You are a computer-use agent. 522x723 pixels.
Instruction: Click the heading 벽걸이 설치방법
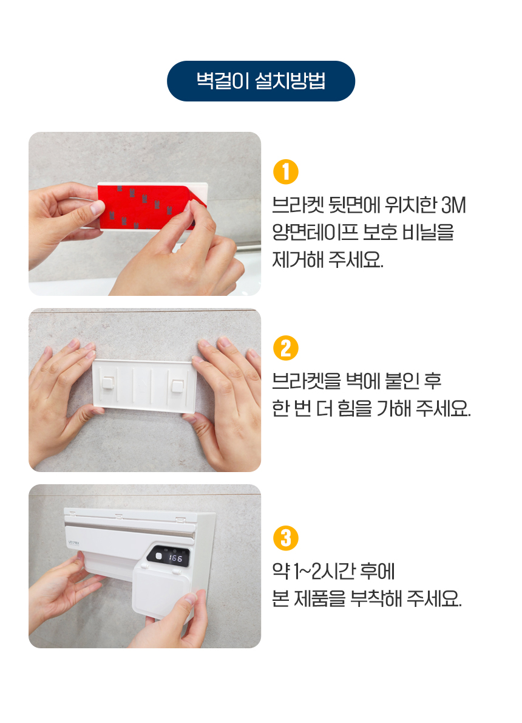coord(261,81)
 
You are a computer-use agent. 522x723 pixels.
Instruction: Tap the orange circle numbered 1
coord(286,172)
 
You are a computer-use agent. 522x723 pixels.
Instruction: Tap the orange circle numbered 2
coord(286,348)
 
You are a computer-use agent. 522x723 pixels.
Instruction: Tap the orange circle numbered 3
coord(286,538)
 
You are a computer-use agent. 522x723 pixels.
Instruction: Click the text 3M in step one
coord(454,205)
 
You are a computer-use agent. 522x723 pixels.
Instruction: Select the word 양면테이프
coord(315,232)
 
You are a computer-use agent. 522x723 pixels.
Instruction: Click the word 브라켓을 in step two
coord(307,382)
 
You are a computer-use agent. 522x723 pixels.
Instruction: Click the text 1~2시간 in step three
coord(324,571)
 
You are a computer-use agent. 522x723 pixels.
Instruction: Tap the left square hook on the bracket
coord(109,383)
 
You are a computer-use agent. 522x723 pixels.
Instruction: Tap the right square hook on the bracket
coord(177,385)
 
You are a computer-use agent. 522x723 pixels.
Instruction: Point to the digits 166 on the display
coord(175,558)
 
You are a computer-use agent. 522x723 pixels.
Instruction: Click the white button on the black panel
coord(158,556)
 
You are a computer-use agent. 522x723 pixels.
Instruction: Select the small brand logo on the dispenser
coord(73,543)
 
